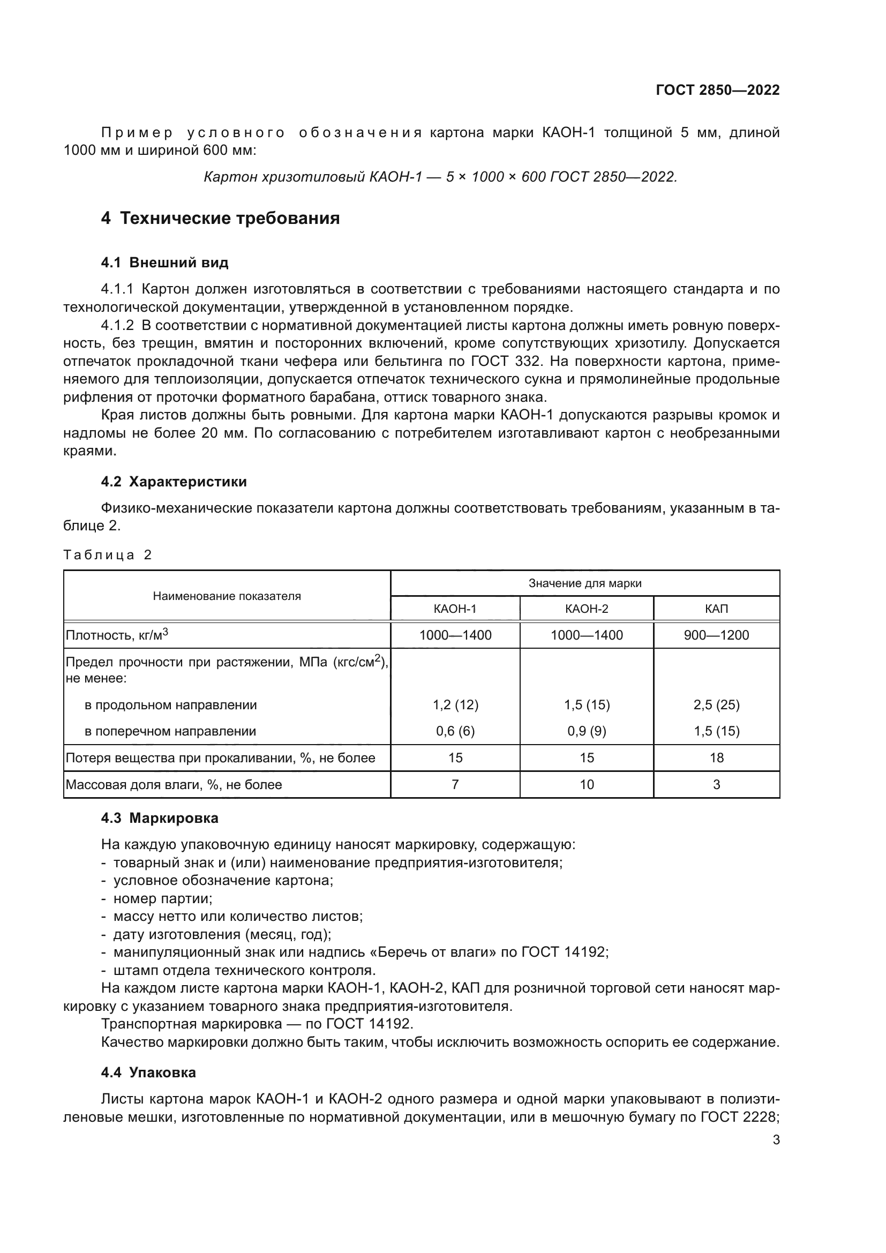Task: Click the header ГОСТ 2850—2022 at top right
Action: click(717, 90)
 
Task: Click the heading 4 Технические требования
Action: click(220, 218)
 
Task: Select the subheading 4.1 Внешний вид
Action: click(164, 263)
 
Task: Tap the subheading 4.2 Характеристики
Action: click(174, 482)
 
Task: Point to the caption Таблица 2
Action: click(108, 555)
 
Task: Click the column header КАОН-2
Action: click(587, 609)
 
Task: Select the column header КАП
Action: click(716, 609)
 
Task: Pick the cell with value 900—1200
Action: click(716, 635)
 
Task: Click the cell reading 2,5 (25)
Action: click(716, 704)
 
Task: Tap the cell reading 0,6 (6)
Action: click(455, 731)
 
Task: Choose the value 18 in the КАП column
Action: click(716, 757)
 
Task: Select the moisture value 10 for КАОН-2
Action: click(587, 784)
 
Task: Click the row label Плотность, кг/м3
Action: click(117, 635)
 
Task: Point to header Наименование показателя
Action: click(227, 596)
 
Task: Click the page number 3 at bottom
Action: click(776, 1140)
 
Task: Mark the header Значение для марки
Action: click(585, 583)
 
